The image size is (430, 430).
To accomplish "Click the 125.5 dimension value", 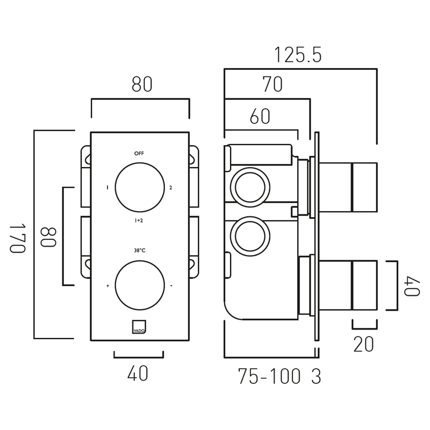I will click(x=298, y=55).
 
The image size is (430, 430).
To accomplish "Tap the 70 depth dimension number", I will click(x=273, y=85).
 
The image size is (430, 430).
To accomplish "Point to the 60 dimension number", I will click(x=260, y=117).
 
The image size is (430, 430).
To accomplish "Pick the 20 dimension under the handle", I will click(x=363, y=345).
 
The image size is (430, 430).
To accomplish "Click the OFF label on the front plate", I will click(x=139, y=154).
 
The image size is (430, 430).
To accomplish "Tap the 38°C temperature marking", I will click(x=139, y=250).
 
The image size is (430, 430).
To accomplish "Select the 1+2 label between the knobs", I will click(x=139, y=221).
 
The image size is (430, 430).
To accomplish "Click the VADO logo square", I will click(x=139, y=327).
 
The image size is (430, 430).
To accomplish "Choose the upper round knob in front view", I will click(x=140, y=187).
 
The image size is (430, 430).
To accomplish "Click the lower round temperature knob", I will click(x=140, y=285).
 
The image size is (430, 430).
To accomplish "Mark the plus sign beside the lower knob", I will click(x=108, y=286).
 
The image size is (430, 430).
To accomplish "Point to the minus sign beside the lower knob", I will click(x=171, y=286).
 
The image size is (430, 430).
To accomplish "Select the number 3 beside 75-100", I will click(x=316, y=377).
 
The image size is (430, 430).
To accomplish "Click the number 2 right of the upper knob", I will click(x=170, y=188).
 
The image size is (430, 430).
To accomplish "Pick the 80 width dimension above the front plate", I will click(x=142, y=85).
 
